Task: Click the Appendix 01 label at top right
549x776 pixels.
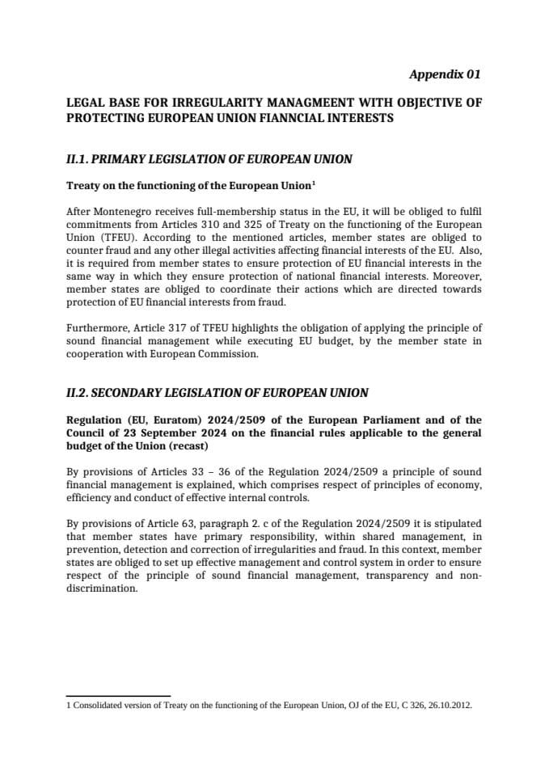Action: [x=445, y=74]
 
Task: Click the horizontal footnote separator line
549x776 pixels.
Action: [x=118, y=695]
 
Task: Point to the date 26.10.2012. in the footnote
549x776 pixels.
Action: [x=444, y=705]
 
